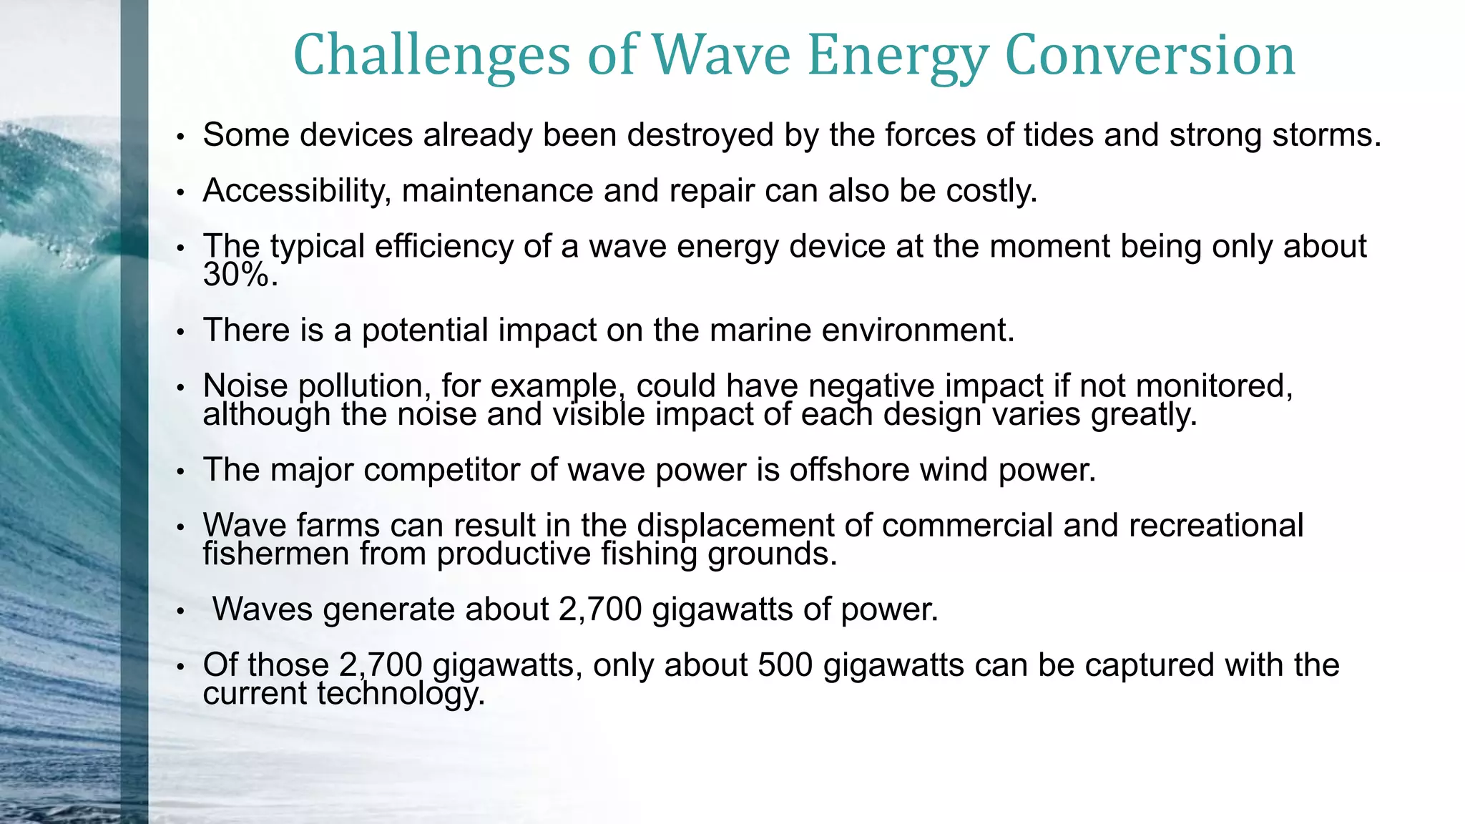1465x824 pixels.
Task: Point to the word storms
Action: (1326, 135)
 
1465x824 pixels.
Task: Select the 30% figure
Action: (240, 275)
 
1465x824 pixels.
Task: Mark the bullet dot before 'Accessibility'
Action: (181, 192)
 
